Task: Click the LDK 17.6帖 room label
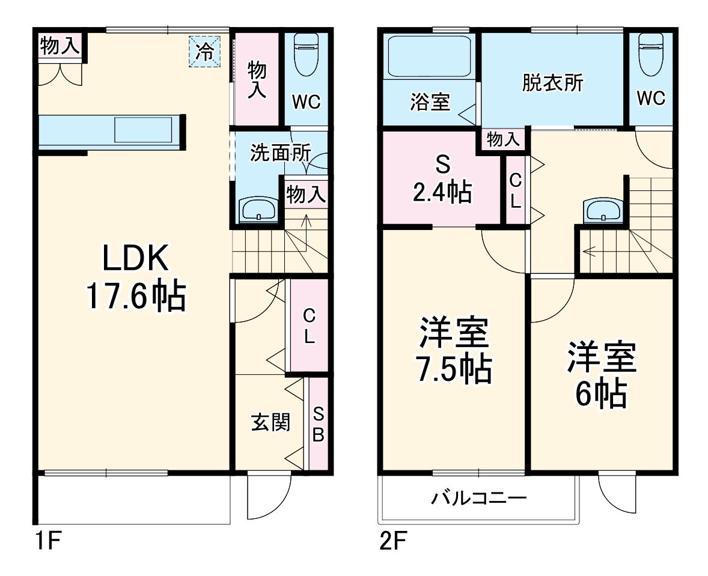136,277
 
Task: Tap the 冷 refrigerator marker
204,52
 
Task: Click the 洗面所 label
281,153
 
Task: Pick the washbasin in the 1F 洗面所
258,209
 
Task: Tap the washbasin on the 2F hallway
603,210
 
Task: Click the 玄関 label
270,422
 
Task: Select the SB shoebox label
319,424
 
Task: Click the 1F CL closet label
310,326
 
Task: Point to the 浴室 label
430,102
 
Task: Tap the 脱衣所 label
553,82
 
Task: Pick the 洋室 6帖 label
602,375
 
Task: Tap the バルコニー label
478,499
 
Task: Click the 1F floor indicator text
48,541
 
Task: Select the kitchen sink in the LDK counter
143,130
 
